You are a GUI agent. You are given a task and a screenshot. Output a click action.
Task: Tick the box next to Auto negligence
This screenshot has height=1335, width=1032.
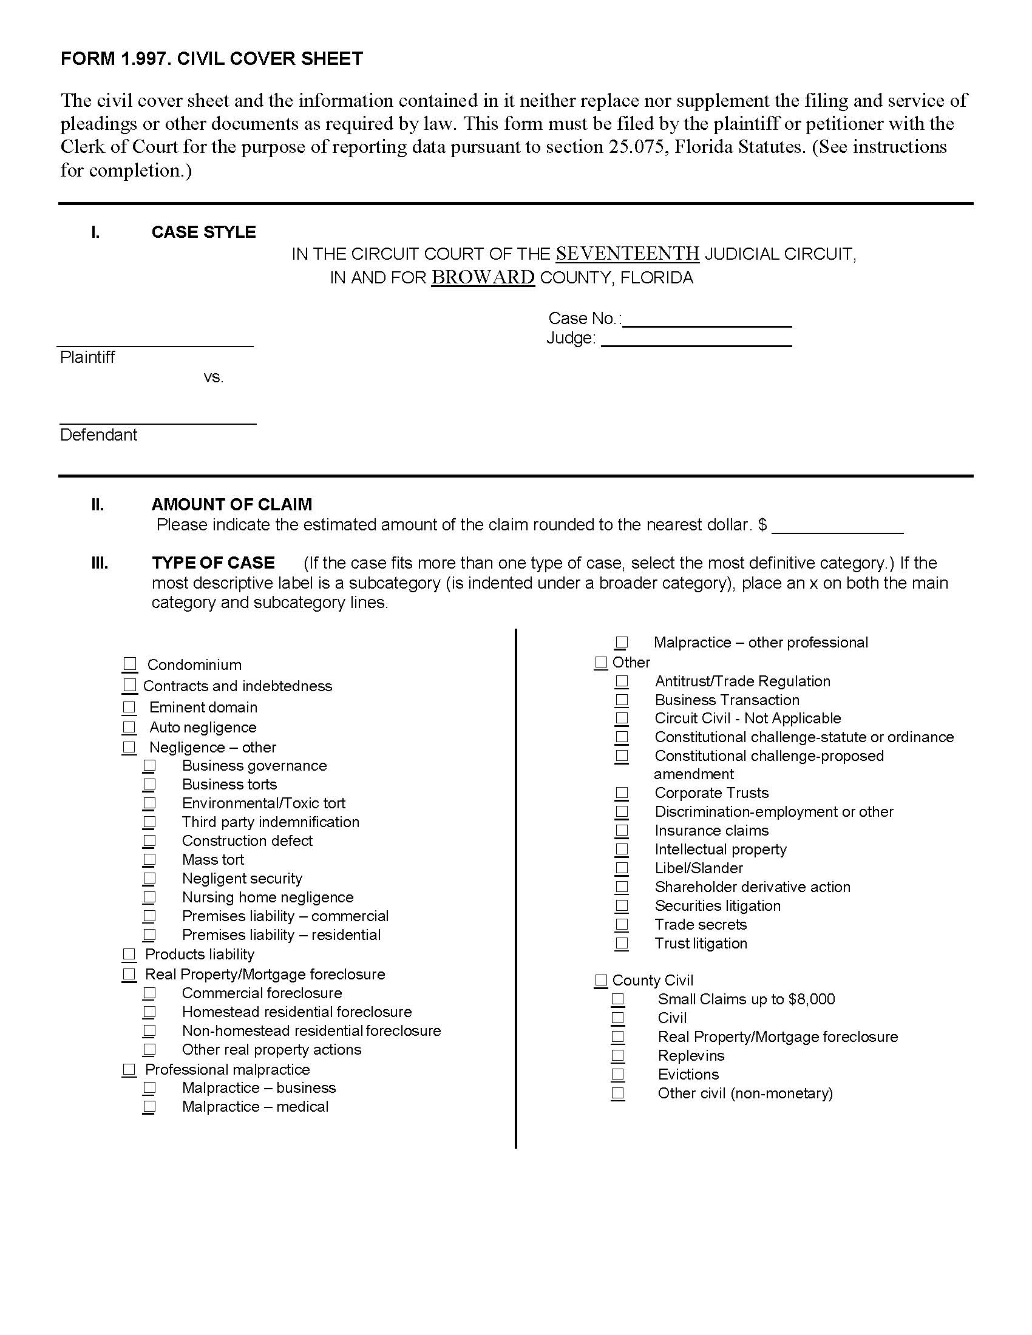coord(129,727)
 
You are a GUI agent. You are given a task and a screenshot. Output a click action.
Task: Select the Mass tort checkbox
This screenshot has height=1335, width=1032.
coord(149,859)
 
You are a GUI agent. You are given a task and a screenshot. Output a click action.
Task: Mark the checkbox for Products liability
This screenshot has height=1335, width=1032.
coord(129,954)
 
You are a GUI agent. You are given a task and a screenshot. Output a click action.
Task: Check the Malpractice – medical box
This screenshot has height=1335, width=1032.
coord(149,1106)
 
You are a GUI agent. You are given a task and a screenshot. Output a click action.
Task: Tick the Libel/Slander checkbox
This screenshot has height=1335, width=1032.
coord(622,868)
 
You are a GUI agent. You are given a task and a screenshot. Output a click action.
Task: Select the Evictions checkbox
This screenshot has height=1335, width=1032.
coord(618,1074)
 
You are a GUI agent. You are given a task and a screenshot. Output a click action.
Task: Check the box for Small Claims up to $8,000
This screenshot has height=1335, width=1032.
coord(618,999)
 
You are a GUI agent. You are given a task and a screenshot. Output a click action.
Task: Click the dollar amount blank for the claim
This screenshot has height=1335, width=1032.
coord(838,526)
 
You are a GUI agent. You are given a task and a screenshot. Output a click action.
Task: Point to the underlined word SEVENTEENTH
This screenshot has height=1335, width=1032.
coord(627,253)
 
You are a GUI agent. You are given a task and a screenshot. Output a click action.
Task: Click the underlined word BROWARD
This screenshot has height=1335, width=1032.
coord(483,277)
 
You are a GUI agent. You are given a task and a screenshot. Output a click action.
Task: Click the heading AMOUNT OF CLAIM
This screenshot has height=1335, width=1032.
coord(232,504)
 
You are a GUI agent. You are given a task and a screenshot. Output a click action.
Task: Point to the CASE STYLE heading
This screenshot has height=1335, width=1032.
coord(203,232)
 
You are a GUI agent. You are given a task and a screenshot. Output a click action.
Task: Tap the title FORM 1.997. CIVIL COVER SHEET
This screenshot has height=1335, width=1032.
coord(211,59)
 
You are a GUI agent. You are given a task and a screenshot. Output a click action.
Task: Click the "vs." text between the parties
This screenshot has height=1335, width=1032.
coord(213,378)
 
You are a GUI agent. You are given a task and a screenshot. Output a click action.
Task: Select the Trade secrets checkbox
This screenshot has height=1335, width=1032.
coord(622,924)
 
